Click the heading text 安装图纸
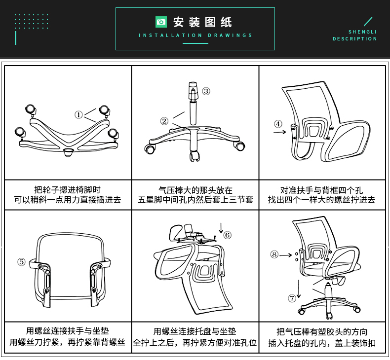click(x=202, y=22)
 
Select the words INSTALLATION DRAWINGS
click(x=195, y=36)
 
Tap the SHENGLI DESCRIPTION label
click(x=355, y=35)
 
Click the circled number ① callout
click(x=78, y=114)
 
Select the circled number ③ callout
click(x=206, y=91)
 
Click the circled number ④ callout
click(x=278, y=124)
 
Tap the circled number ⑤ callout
click(x=21, y=261)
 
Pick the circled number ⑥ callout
click(x=227, y=235)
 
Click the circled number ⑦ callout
click(x=292, y=298)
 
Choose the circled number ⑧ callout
click(x=274, y=254)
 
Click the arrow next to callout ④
click(x=279, y=132)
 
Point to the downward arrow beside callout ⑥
click(x=221, y=227)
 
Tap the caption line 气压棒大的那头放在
click(x=195, y=190)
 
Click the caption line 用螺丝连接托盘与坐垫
click(x=195, y=331)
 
